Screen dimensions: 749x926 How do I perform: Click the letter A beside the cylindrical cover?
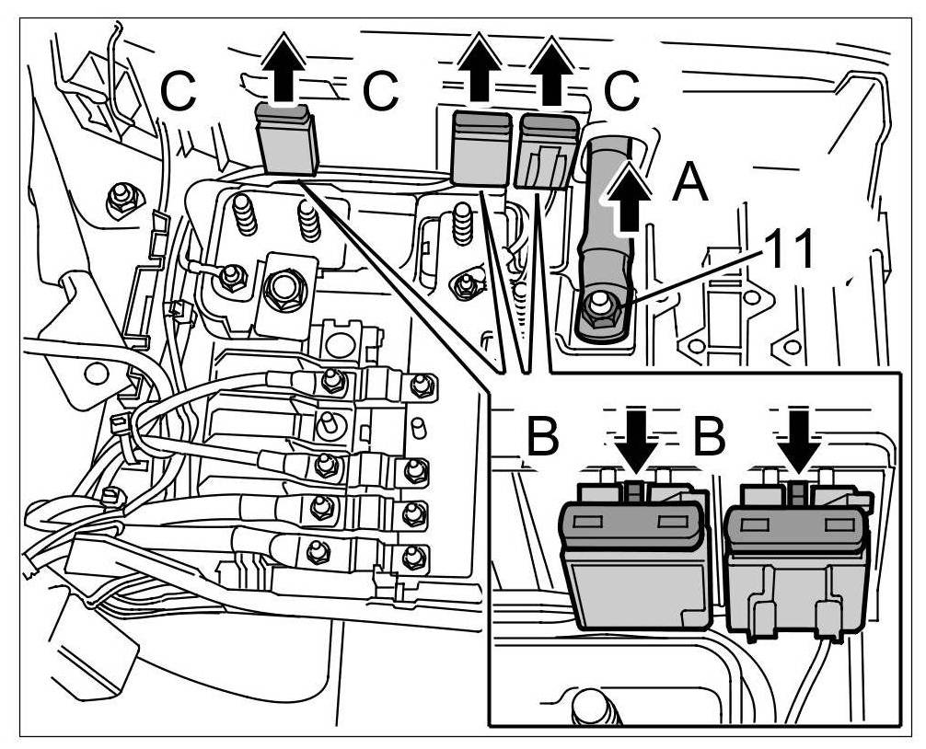(x=689, y=183)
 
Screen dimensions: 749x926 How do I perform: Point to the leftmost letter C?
(x=179, y=89)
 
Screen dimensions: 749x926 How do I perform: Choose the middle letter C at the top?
(x=380, y=89)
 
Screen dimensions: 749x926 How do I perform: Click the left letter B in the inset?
(x=544, y=438)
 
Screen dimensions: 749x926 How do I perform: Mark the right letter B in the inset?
(x=709, y=438)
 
